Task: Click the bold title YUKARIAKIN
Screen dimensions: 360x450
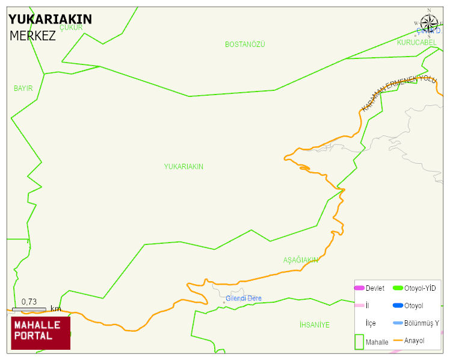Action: click(51, 19)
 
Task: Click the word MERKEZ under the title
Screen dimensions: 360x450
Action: click(32, 36)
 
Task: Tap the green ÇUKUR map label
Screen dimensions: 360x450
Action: click(71, 27)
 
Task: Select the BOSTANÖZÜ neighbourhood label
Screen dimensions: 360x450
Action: click(245, 45)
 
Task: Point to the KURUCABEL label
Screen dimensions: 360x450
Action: click(416, 43)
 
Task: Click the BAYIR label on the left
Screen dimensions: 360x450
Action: click(23, 88)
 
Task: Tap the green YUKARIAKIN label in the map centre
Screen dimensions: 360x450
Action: click(183, 167)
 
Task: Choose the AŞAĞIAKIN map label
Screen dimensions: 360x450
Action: click(300, 260)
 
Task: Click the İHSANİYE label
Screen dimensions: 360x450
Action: click(314, 325)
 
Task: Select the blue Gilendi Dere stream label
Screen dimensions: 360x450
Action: click(244, 299)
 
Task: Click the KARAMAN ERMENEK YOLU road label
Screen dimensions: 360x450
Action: click(398, 93)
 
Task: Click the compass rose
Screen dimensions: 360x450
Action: click(429, 23)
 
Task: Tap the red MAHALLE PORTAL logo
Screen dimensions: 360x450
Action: click(41, 333)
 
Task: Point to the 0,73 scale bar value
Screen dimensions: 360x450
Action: click(29, 302)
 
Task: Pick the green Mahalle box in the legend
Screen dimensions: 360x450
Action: click(359, 341)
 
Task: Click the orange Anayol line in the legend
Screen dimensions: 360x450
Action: click(398, 341)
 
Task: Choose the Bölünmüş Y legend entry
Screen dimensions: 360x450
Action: click(421, 323)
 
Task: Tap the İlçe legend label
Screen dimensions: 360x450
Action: click(371, 323)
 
